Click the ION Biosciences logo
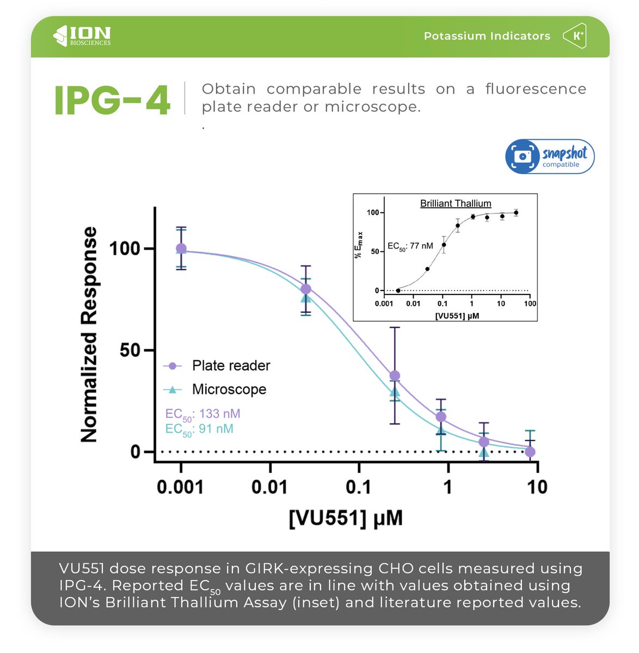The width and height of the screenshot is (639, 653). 82,36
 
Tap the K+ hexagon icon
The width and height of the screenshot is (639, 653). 575,36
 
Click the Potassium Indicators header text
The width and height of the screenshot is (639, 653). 487,36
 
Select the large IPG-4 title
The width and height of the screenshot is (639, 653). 112,100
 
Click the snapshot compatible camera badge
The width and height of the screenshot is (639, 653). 550,157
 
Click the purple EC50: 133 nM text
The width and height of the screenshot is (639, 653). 202,414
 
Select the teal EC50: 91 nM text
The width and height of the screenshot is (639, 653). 199,429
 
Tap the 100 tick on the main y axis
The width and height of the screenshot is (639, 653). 125,249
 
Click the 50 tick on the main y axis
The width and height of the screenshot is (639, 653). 130,350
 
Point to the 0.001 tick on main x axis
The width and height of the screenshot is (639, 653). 180,487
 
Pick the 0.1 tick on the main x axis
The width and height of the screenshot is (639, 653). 358,487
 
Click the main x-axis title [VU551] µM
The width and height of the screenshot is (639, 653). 346,518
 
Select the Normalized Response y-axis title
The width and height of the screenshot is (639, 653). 89,335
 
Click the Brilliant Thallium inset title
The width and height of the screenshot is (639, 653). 456,204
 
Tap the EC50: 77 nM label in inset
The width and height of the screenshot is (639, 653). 410,247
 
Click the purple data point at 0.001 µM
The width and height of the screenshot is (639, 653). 181,249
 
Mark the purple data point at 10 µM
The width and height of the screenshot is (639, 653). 530,452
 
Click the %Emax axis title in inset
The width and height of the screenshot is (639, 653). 359,245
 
